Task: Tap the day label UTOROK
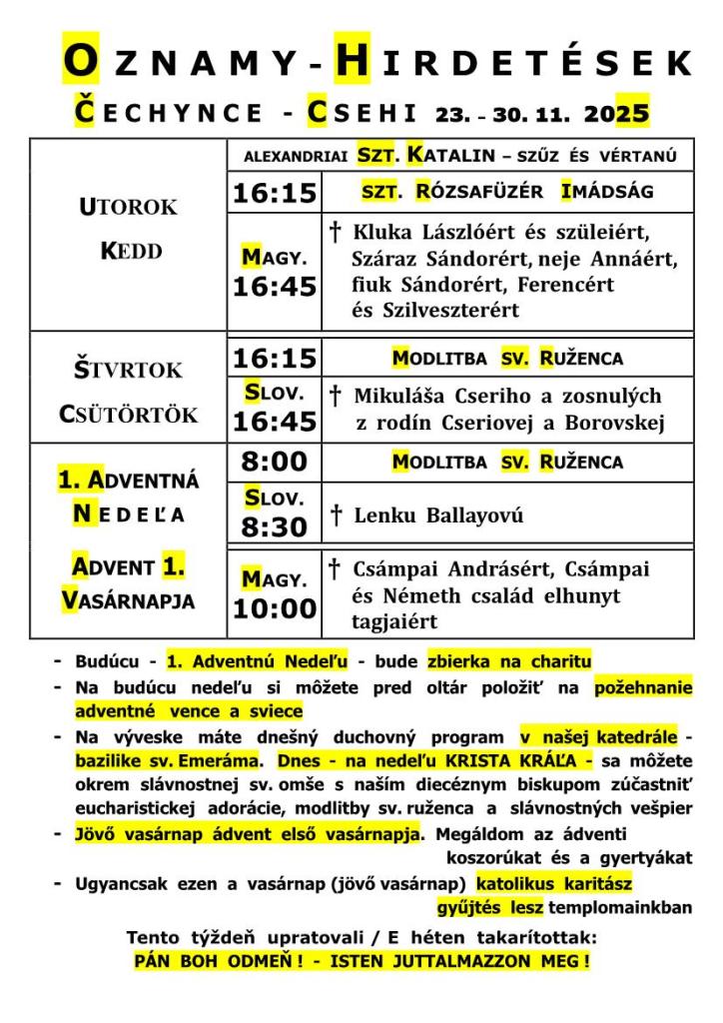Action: pyautogui.click(x=128, y=208)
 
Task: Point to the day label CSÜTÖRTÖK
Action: pyautogui.click(x=128, y=415)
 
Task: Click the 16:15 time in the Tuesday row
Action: pyautogui.click(x=275, y=193)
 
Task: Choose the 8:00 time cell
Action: pyautogui.click(x=275, y=463)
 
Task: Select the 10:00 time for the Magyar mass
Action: pyautogui.click(x=275, y=608)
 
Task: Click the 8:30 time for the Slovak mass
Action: pyautogui.click(x=275, y=527)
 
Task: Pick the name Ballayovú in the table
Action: pyautogui.click(x=474, y=516)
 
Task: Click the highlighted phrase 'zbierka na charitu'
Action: pyautogui.click(x=509, y=661)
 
